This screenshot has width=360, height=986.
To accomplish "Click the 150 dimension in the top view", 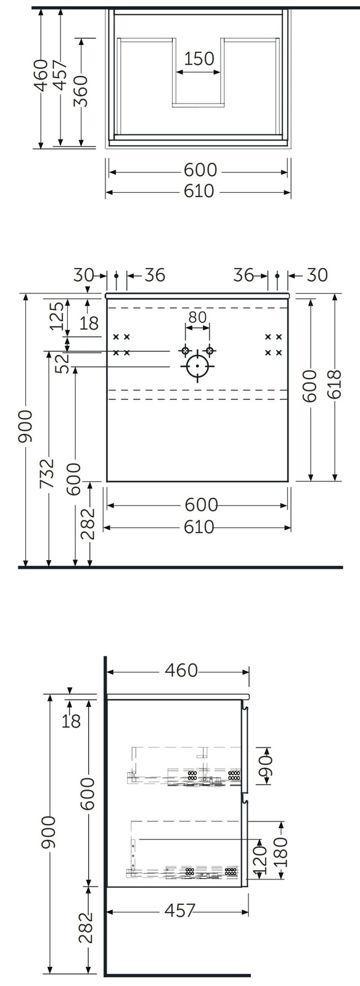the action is (198, 59).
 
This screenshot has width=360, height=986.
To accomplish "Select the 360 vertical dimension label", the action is (81, 91).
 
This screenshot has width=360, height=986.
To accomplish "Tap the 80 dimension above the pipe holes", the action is (197, 317).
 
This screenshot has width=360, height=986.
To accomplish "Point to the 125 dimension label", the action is (57, 316).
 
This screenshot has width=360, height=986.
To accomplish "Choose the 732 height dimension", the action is (47, 473).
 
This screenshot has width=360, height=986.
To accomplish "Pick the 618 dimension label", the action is (335, 385).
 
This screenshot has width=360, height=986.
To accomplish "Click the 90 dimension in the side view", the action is (266, 766).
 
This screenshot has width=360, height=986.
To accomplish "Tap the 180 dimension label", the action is (280, 852).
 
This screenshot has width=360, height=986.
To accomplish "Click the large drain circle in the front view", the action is (197, 366).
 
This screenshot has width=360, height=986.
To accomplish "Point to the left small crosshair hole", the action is (185, 351).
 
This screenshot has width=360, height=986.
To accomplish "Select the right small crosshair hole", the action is (210, 351).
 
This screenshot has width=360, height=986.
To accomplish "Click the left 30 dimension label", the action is (84, 275).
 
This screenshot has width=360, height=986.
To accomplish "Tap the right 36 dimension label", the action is (243, 275).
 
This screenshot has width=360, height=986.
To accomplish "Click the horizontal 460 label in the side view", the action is (181, 670).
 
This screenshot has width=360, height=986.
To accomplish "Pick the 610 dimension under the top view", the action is (199, 192).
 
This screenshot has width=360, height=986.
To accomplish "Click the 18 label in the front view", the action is (89, 323).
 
